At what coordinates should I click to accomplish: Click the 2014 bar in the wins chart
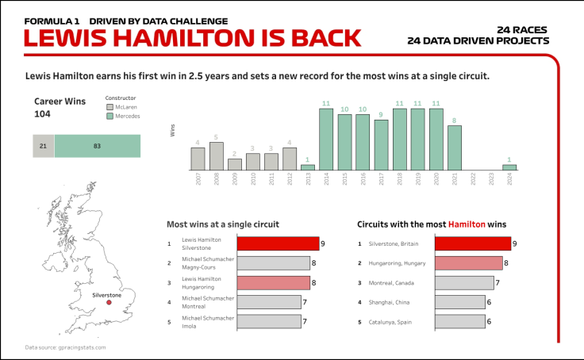click(x=325, y=140)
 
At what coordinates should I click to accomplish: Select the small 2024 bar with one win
click(x=509, y=167)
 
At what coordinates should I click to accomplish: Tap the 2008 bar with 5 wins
click(x=216, y=156)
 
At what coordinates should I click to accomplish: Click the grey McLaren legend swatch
click(x=109, y=106)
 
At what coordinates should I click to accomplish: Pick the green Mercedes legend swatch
click(x=109, y=116)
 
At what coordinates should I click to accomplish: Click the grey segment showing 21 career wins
click(x=44, y=147)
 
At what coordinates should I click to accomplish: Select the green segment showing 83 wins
click(x=98, y=147)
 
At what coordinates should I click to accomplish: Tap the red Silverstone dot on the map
click(x=109, y=302)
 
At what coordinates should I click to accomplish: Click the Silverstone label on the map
click(x=106, y=294)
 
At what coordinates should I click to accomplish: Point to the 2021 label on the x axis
click(x=455, y=179)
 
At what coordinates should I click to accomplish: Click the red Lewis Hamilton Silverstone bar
click(x=278, y=243)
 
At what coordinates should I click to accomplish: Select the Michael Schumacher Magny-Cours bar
click(x=273, y=263)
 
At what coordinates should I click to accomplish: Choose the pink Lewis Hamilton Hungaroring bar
click(x=273, y=282)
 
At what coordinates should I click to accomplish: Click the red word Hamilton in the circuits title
click(x=467, y=224)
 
